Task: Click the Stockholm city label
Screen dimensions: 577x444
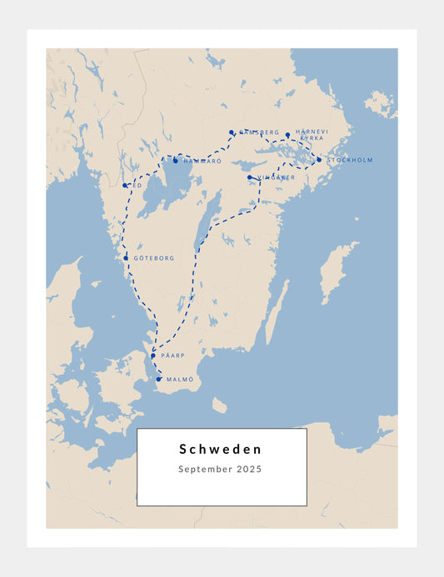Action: (x=350, y=160)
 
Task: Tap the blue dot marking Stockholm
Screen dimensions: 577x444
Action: (x=319, y=160)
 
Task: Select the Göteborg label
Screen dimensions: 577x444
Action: (x=154, y=259)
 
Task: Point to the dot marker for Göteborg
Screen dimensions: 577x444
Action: (x=126, y=258)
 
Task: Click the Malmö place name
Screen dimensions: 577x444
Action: (x=180, y=380)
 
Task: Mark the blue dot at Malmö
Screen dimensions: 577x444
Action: (x=158, y=380)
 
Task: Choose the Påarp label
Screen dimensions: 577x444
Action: (x=172, y=356)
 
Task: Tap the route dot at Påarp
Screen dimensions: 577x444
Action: (x=152, y=356)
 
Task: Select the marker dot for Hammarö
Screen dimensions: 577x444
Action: (x=176, y=161)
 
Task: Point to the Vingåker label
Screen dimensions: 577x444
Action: (x=276, y=177)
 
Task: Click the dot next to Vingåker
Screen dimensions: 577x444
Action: (x=249, y=177)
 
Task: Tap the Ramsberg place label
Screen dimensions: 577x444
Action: (x=259, y=133)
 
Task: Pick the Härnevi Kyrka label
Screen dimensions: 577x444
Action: (x=312, y=134)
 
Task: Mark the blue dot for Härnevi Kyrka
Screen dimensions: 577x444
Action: (x=287, y=134)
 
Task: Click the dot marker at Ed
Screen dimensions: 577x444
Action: (x=124, y=186)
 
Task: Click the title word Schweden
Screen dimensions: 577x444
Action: (x=221, y=450)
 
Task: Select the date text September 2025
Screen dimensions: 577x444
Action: (x=221, y=470)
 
